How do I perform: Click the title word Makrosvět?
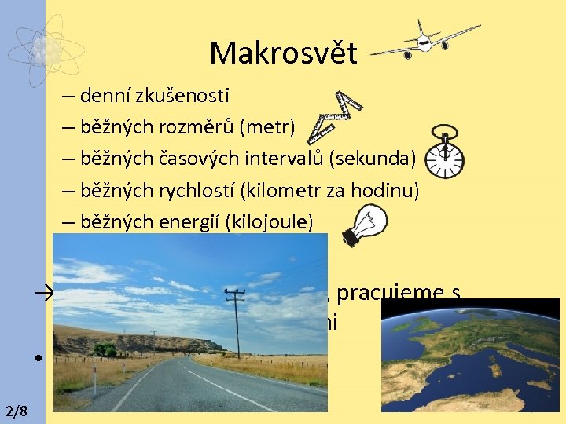[283, 53]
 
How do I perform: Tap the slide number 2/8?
[16, 411]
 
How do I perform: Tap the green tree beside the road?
[105, 349]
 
